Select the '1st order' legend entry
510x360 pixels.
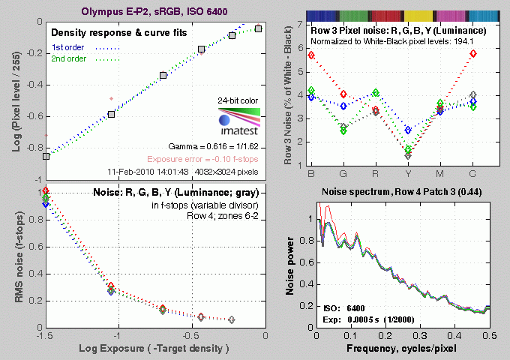(x=68, y=48)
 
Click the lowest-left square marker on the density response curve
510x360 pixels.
(x=46, y=156)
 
